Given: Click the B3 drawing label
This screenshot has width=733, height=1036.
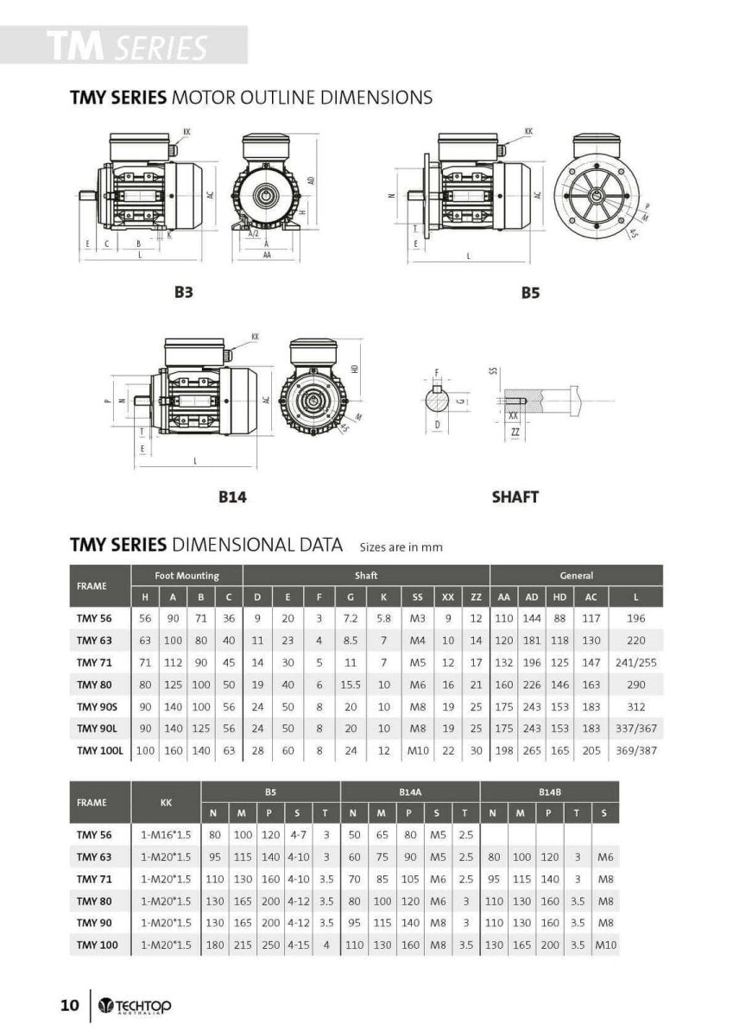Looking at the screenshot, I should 183,293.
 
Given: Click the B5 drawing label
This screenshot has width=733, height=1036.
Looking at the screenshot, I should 530,293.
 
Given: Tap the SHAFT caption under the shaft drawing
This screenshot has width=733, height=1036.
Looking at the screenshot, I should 515,497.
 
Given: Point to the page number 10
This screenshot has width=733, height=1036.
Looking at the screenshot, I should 70,1006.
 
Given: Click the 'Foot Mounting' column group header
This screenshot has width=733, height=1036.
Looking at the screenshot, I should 186,575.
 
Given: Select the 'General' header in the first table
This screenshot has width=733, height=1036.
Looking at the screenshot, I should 576,575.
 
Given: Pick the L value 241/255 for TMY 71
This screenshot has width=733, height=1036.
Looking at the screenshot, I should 635,662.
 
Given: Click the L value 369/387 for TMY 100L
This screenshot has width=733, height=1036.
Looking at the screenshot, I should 635,750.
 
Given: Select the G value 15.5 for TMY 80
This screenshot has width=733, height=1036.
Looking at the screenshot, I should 351,685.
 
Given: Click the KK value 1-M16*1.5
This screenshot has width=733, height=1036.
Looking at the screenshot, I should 166,836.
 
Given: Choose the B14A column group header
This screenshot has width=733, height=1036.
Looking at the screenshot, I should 409,791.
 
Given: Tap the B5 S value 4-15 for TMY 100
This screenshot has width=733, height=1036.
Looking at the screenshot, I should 299,945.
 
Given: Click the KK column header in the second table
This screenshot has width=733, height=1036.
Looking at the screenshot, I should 166,802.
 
